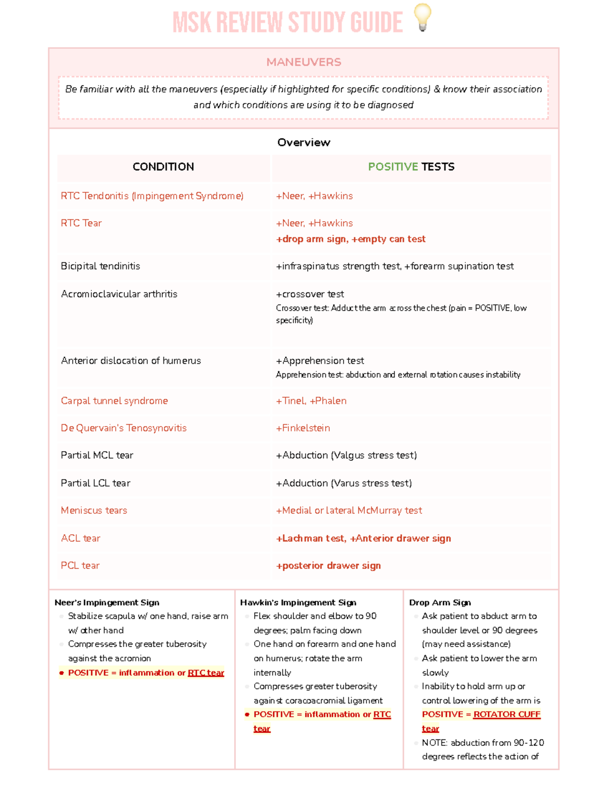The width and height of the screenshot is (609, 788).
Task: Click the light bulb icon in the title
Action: click(x=422, y=17)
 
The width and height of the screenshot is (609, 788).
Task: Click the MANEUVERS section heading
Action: click(x=303, y=62)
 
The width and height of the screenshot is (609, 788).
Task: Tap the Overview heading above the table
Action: click(x=303, y=143)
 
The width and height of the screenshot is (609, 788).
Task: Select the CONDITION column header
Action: click(x=163, y=167)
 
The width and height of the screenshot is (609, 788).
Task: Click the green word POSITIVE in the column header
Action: click(x=393, y=167)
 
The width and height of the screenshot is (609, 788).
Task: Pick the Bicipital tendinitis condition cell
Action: click(x=100, y=266)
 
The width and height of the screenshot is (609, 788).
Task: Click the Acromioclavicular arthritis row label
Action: click(x=119, y=294)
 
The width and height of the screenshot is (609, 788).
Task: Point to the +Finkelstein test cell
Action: click(x=303, y=428)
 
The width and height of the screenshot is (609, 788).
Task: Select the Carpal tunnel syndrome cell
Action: click(x=114, y=401)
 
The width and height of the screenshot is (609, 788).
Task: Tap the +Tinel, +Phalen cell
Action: click(x=311, y=401)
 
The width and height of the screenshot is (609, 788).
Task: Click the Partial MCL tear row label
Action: click(x=97, y=456)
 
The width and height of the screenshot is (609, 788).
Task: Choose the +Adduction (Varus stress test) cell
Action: click(x=344, y=484)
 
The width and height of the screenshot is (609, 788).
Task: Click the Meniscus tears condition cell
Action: click(x=94, y=511)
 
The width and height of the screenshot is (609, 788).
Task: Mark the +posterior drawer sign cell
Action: click(x=328, y=566)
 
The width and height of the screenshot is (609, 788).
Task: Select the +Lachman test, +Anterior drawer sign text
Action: click(x=363, y=539)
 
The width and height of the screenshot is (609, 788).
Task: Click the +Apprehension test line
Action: click(x=320, y=361)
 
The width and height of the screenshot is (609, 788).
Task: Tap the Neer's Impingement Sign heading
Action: click(x=107, y=603)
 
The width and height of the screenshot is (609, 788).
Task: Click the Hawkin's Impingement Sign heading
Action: click(x=298, y=603)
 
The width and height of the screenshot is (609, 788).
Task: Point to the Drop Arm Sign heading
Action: click(x=440, y=603)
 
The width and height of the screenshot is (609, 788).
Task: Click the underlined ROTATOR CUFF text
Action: click(x=506, y=714)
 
